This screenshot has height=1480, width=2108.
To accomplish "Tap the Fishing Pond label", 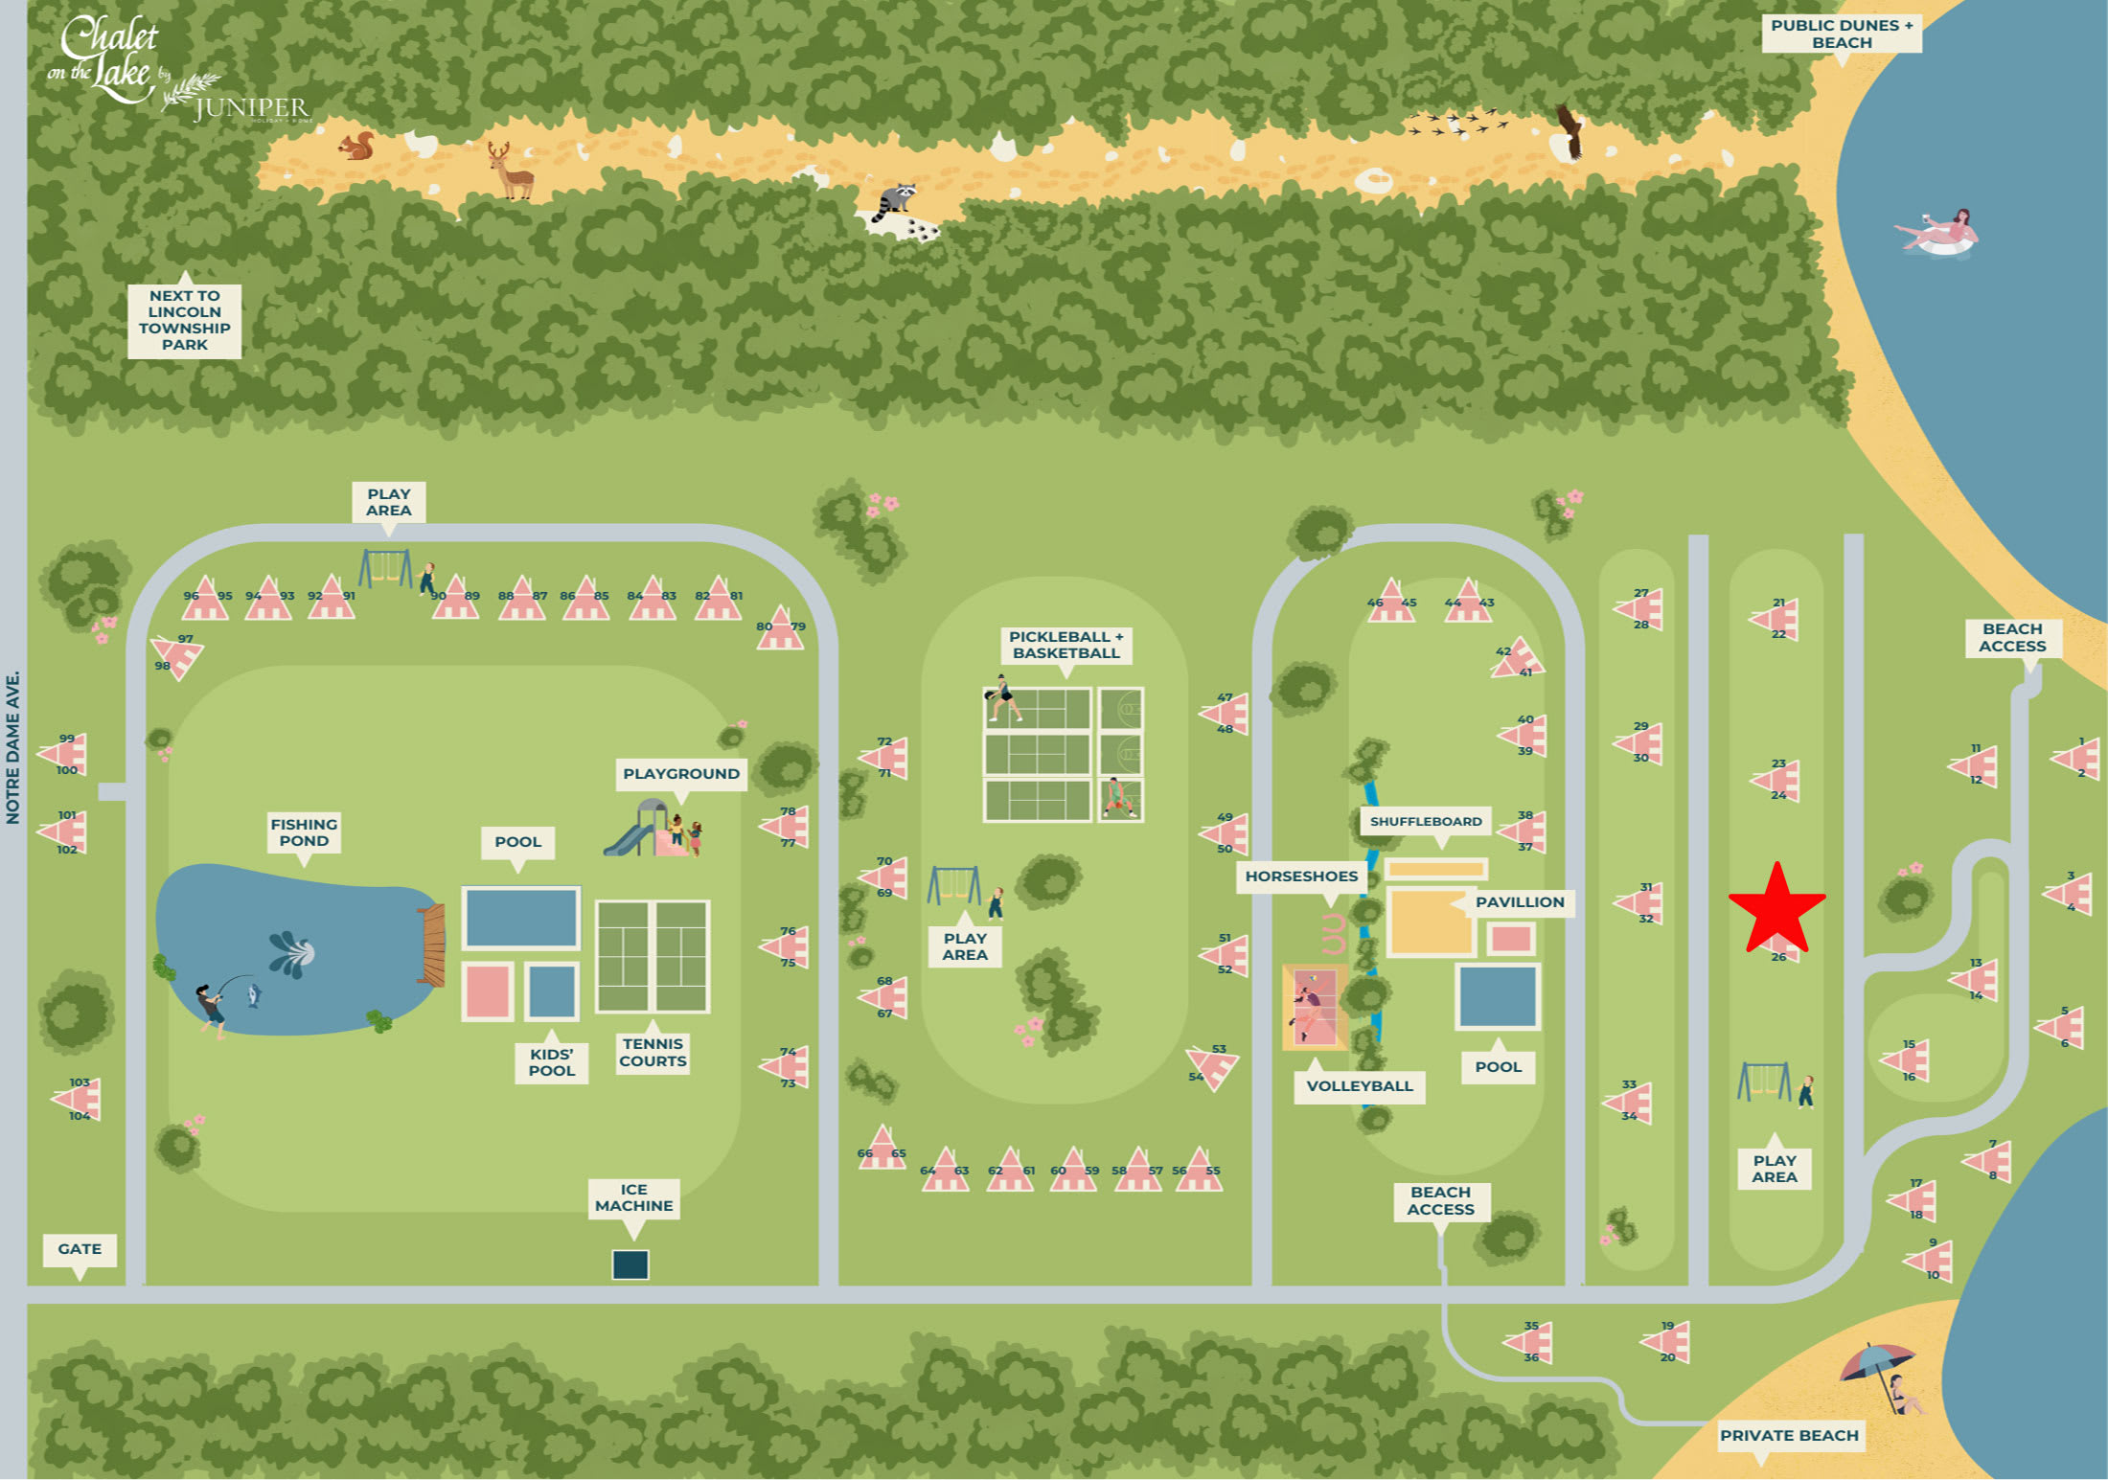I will coord(304,832).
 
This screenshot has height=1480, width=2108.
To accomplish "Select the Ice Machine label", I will coord(633,1197).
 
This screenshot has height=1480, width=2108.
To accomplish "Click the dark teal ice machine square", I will coord(630,1264).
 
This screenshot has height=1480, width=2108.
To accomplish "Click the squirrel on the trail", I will coord(357,147).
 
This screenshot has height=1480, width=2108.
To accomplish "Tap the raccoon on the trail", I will coord(896,201).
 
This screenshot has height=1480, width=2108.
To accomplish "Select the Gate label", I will coord(80,1249).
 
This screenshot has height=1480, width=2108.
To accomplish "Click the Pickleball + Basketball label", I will coord(1065,645).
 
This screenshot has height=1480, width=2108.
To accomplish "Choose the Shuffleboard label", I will coord(1425,822).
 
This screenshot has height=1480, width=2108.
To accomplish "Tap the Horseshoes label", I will coord(1301,877).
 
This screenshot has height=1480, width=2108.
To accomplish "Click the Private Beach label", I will coord(1789,1435).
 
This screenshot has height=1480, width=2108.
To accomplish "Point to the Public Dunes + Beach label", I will coord(1841,34).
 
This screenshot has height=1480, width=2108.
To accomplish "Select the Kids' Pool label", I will coord(552,1062).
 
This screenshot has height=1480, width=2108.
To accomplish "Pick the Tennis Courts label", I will coord(653,1052).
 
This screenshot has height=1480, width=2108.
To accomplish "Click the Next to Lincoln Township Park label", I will coord(184,320).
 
